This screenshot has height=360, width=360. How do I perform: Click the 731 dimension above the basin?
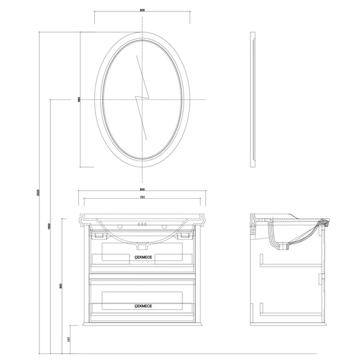point(142,198)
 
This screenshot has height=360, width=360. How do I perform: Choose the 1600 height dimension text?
point(50,225)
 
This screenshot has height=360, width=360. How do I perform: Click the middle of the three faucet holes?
point(142,224)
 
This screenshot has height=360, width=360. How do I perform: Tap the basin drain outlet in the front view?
point(142,246)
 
